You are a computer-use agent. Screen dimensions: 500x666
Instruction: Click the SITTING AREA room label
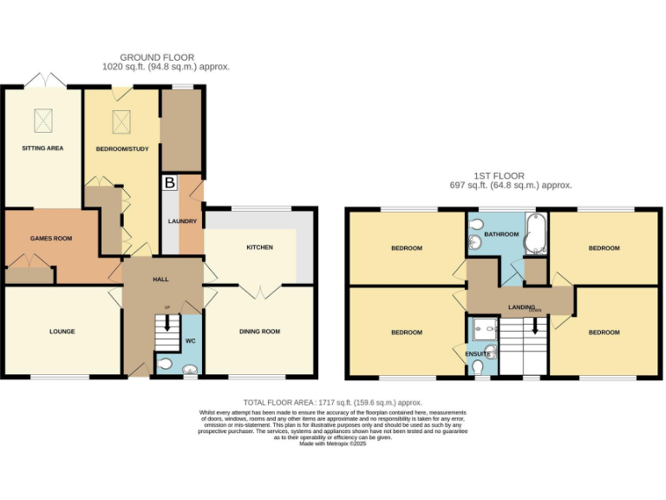click(x=42, y=148)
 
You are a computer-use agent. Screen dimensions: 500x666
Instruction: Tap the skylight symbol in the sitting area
click(x=42, y=118)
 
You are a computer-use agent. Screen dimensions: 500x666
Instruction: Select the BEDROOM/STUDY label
click(x=122, y=149)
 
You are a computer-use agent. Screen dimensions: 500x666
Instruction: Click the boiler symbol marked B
click(x=170, y=183)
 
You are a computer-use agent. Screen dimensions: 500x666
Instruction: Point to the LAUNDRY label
click(x=182, y=222)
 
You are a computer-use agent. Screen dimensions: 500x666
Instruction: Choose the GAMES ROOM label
click(x=50, y=238)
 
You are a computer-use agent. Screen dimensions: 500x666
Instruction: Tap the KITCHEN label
click(x=259, y=247)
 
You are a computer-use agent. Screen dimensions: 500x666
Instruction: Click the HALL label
click(x=161, y=280)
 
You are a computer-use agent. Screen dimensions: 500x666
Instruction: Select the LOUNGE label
click(x=62, y=332)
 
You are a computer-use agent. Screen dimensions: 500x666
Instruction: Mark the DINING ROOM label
click(x=260, y=332)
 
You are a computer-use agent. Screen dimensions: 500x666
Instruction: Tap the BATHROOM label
click(x=501, y=234)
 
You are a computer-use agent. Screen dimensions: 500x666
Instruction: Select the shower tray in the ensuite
click(x=483, y=327)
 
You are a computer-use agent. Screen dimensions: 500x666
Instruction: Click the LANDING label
click(x=521, y=306)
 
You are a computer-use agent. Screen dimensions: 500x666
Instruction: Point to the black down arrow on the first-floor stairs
click(x=534, y=326)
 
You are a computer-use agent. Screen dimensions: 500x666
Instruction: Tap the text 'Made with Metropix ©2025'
click(x=333, y=444)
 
